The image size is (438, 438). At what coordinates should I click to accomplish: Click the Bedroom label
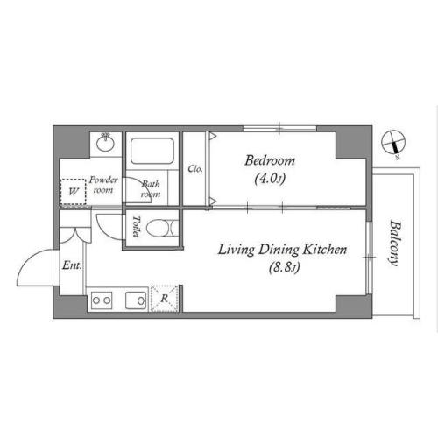pos(270,160)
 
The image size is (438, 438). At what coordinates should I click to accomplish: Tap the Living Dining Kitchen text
pos(283,250)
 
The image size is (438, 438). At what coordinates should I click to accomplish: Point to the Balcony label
pos(395,243)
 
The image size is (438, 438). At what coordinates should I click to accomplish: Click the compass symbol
pos(393,142)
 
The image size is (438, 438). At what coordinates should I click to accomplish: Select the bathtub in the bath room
pos(152,151)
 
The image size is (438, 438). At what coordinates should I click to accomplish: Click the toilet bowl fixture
pos(162,228)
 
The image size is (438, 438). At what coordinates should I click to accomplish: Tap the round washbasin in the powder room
pos(105,143)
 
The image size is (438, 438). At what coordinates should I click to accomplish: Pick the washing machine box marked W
pos(73,192)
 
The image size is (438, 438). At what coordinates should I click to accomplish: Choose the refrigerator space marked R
pos(165,299)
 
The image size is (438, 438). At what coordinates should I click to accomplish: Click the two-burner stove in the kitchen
pos(102,300)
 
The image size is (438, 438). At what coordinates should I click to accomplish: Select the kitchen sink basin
pos(136,300)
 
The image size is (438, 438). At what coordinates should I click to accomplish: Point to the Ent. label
pos(72,265)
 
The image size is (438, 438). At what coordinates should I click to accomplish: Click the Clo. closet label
pos(195,169)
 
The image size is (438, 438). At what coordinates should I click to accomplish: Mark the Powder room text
pos(103,185)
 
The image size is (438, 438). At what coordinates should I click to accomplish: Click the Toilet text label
pos(136,226)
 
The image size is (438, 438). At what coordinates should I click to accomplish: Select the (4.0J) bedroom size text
pos(270,179)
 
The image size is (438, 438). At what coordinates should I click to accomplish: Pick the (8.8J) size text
pos(284,267)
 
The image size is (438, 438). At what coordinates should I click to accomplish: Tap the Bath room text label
pos(151,189)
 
